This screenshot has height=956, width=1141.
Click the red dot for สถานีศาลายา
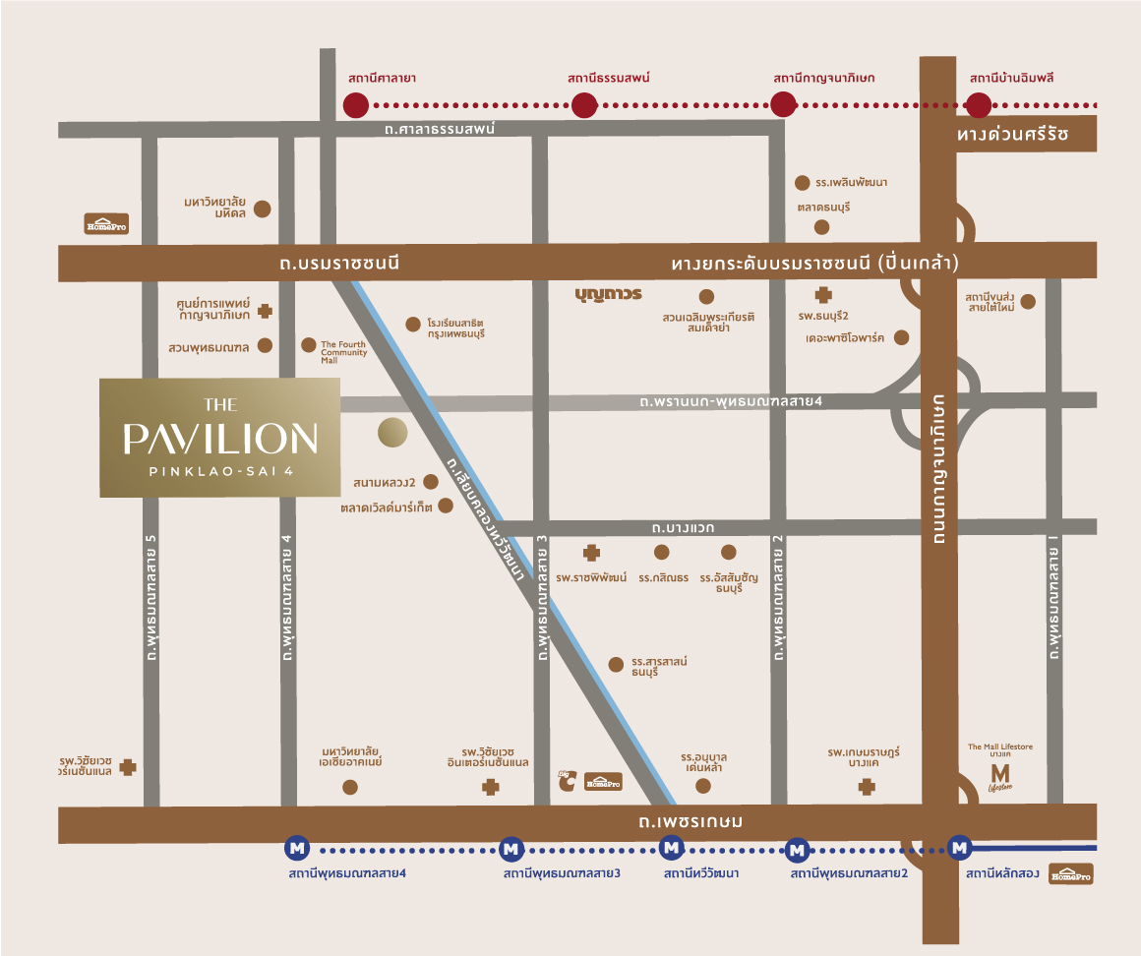tap(355, 104)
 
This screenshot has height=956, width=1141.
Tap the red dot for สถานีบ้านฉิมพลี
tap(979, 104)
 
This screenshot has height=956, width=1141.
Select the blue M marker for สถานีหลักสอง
tap(959, 847)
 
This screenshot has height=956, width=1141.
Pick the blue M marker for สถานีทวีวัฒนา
tap(671, 847)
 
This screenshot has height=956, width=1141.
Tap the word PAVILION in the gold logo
tap(220, 439)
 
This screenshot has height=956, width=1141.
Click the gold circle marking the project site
tap(392, 432)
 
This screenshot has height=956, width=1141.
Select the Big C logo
tap(567, 780)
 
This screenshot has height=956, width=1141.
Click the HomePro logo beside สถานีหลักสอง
tap(1071, 874)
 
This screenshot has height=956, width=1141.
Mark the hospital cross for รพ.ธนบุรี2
tap(823, 294)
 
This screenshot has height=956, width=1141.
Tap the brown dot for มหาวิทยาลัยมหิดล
tap(263, 209)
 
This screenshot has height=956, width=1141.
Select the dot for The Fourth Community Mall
tap(309, 345)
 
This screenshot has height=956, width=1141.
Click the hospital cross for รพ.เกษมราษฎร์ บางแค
tap(867, 787)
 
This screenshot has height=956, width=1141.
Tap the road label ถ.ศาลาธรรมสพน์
tap(426, 129)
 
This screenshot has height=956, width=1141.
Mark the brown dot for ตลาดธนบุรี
tap(822, 228)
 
